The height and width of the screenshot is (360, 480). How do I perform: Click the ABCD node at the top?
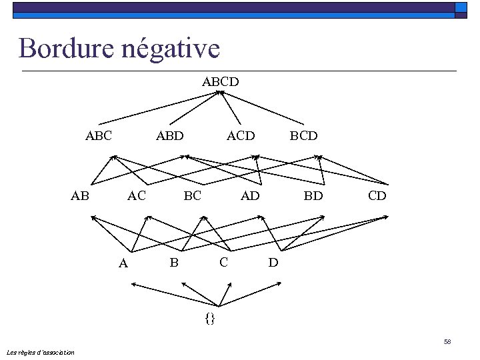tap(221, 82)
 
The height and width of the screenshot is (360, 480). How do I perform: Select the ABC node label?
tap(99, 135)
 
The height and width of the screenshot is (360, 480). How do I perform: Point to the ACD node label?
tap(241, 135)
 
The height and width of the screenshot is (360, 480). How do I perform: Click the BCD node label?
tap(303, 135)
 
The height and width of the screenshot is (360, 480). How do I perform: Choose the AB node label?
tap(80, 195)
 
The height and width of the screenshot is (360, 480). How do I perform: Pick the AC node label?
tap(137, 195)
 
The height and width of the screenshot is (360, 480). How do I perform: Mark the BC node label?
tap(192, 195)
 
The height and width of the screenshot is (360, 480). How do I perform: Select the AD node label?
tap(250, 195)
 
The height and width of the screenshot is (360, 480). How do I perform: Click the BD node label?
tap(313, 195)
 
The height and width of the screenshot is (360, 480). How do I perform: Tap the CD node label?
tap(377, 195)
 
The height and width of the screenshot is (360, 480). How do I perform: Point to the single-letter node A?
tap(123, 263)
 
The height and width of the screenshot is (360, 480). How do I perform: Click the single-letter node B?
tap(174, 262)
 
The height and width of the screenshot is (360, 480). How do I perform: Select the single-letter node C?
tap(224, 261)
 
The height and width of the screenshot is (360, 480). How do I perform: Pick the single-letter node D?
tap(273, 262)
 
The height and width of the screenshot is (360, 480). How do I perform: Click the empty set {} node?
tap(210, 318)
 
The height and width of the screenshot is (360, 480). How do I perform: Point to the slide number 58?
tap(447, 342)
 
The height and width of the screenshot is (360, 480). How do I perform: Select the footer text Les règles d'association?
tap(40, 352)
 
